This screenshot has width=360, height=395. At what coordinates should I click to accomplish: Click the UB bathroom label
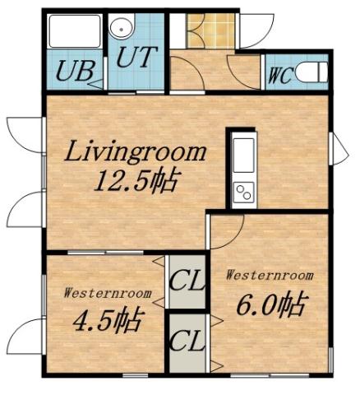(73, 71)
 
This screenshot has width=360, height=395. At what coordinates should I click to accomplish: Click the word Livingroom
(135, 151)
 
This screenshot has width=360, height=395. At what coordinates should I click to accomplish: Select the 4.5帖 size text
(105, 318)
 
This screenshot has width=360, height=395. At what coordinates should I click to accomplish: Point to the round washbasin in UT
(122, 27)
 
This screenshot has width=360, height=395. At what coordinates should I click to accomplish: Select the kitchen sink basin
(244, 154)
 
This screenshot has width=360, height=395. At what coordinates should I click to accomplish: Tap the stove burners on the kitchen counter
(244, 193)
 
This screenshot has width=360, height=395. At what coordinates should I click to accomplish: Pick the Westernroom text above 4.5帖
(106, 292)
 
